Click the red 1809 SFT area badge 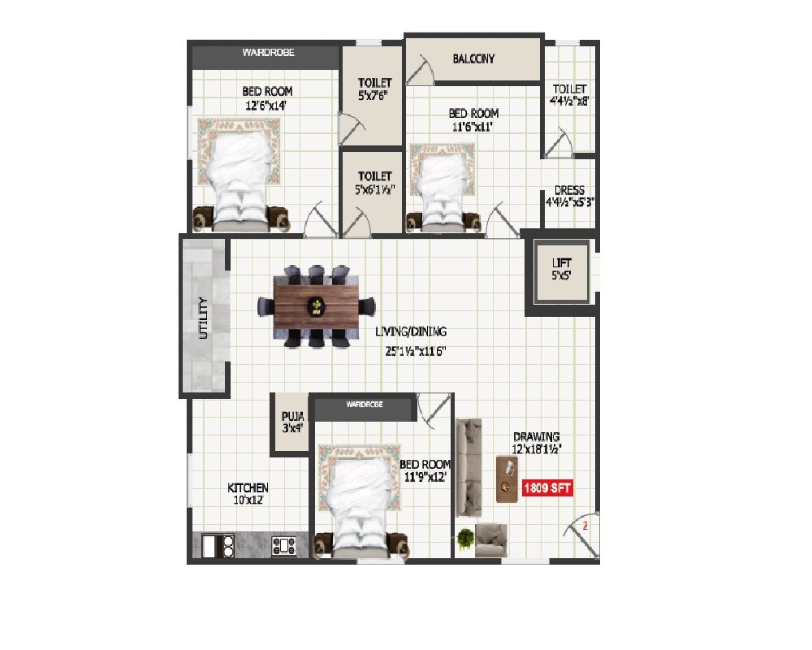[x=548, y=488]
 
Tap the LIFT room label [x=561, y=263]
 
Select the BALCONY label [x=473, y=58]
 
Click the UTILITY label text [x=204, y=318]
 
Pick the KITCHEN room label [x=248, y=487]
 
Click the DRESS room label [x=569, y=191]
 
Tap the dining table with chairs [x=316, y=306]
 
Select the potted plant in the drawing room [x=465, y=538]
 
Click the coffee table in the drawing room [x=508, y=479]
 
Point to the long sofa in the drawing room [x=469, y=467]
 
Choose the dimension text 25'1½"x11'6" [x=411, y=352]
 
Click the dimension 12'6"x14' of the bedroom [x=266, y=106]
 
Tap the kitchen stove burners [x=283, y=545]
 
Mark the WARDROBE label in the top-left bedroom [x=268, y=53]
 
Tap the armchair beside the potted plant [x=490, y=539]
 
